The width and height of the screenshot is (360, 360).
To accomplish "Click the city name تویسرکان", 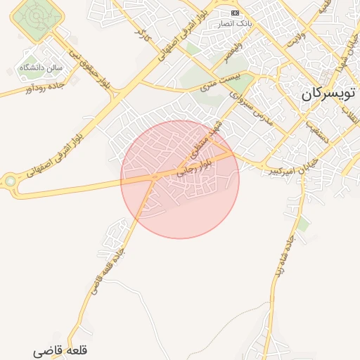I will pyautogui.click(x=330, y=94).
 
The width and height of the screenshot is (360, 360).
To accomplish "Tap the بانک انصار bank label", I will pyautogui.click(x=236, y=23).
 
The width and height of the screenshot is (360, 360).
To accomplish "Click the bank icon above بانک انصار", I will pyautogui.click(x=235, y=13).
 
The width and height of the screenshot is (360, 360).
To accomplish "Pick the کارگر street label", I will pyautogui.click(x=144, y=35).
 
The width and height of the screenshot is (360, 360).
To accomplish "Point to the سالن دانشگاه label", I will pyautogui.click(x=41, y=68).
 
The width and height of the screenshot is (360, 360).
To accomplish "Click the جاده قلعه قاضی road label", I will pyautogui.click(x=106, y=271).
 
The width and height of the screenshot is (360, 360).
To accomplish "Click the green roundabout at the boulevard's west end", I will pyautogui.click(x=11, y=184).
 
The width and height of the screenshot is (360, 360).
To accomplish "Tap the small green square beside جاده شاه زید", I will pyautogui.click(x=303, y=224).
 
